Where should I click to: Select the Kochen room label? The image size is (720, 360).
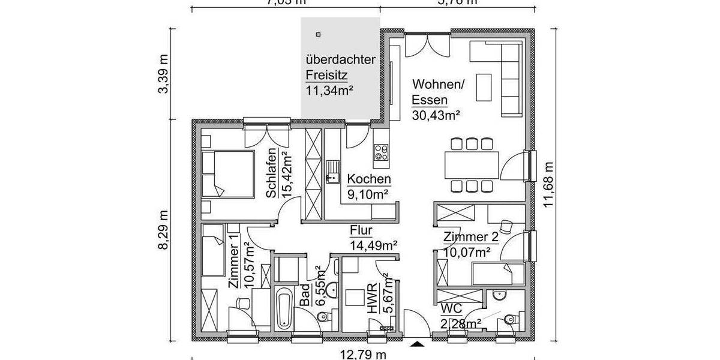pos(369,179)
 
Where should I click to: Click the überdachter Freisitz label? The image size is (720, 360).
pos(340,68)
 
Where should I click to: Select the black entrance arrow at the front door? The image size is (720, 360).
pos(416,344)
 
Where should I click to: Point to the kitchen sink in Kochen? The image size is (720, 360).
pos(332,172)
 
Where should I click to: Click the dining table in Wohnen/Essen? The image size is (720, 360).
pos(472,165)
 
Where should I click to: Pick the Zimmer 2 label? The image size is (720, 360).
pos(470,237)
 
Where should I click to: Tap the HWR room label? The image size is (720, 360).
pos(373,298)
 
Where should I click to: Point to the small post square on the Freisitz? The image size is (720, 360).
pos(319,34)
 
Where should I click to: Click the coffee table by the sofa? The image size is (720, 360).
pos(484,88)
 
